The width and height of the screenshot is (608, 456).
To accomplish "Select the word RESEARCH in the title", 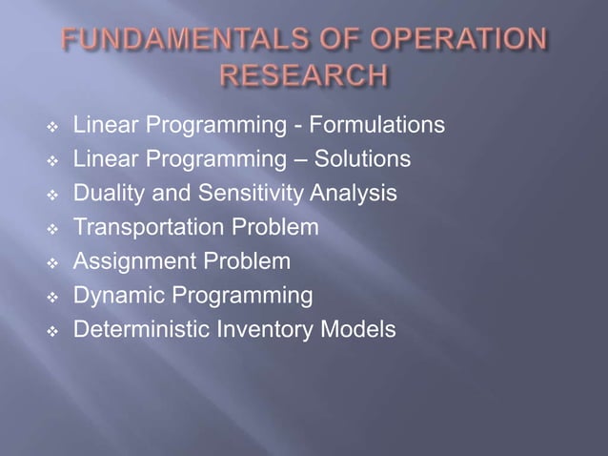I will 304,74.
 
